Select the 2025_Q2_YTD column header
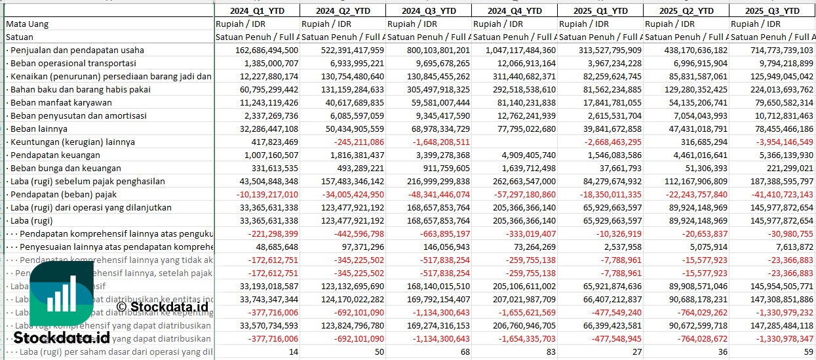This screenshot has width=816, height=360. click(686, 10)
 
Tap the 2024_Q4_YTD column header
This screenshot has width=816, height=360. click(515, 10)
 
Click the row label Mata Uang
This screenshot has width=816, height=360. click(27, 24)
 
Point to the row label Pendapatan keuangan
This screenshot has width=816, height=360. click(56, 155)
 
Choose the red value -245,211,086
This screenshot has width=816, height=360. click(359, 142)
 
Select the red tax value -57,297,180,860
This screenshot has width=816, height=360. click(514, 194)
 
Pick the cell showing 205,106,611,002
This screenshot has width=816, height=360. click(514, 286)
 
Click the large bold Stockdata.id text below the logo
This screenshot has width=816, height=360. click(62, 338)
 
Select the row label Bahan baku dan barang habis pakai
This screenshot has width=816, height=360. click(81, 89)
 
